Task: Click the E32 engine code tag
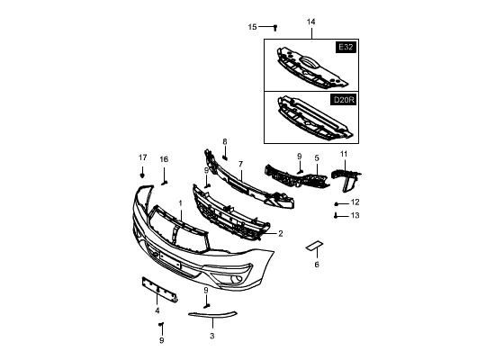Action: pos(346,48)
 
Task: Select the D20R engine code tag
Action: pos(344,100)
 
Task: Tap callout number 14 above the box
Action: pos(311,22)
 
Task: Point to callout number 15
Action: pos(253,27)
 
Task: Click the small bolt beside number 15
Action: pos(275,28)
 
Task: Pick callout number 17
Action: pos(143,157)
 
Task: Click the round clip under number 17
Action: pos(142,175)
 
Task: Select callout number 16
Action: pos(164,159)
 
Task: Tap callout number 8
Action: pos(225,142)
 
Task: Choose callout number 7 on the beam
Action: pos(241,164)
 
